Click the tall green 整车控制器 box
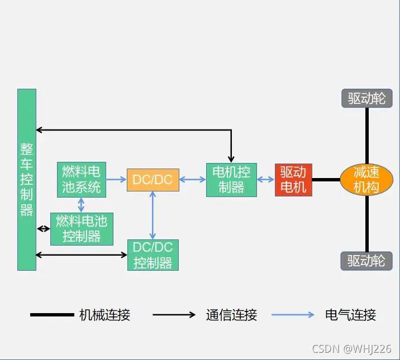click(26, 179)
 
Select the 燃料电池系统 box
click(82, 180)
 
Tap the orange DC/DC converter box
click(153, 180)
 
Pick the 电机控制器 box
click(231, 180)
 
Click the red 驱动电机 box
click(293, 180)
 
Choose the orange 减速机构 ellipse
click(366, 180)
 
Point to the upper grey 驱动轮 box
click(366, 99)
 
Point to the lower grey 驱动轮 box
click(366, 261)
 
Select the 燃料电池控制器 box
click(82, 229)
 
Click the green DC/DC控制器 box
click(153, 255)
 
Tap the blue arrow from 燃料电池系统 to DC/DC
click(116, 180)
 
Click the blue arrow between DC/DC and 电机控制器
click(192, 180)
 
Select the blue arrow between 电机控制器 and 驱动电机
click(266, 180)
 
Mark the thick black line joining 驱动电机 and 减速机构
click(326, 180)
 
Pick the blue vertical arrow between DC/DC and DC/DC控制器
click(153, 215)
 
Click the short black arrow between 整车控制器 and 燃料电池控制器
click(43, 229)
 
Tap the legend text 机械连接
click(104, 315)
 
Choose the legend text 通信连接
click(231, 315)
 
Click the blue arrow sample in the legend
click(293, 315)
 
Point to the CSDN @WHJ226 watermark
click(351, 349)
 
